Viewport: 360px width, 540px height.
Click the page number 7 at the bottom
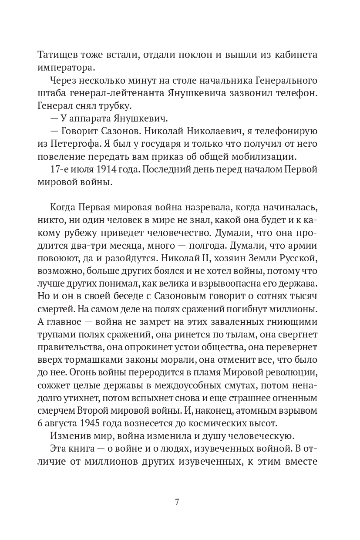click(x=177, y=501)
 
